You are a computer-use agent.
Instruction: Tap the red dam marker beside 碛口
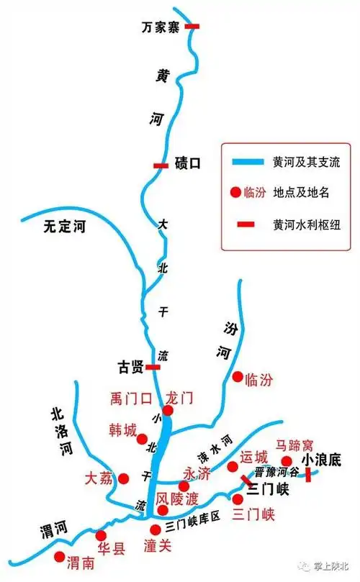tap(161, 165)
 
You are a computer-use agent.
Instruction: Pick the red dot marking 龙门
tap(168, 410)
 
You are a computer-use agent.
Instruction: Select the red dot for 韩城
tap(142, 439)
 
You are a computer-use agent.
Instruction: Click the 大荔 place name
tap(99, 478)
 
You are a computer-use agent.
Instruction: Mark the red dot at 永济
tap(184, 486)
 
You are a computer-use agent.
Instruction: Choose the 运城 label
tap(254, 456)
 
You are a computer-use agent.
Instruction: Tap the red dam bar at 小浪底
tap(308, 474)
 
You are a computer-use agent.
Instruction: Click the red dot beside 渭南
tap(59, 556)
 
